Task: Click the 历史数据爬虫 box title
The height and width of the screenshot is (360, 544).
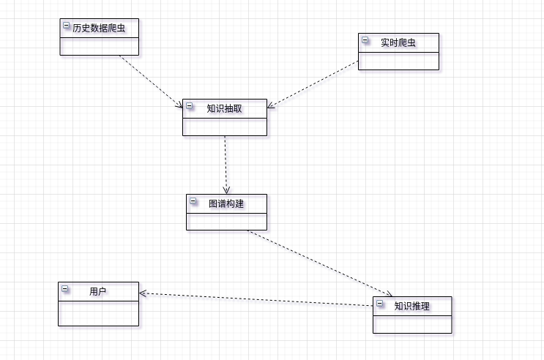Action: pos(99,29)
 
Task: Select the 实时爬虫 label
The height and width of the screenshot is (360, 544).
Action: pos(398,42)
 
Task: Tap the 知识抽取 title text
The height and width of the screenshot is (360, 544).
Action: pos(224,108)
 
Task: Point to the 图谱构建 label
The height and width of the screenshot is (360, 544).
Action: pos(226,203)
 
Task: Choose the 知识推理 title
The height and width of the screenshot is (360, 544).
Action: pos(411,306)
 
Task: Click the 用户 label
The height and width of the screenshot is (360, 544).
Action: pos(98,291)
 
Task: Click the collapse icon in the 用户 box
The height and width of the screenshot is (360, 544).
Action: pos(64,289)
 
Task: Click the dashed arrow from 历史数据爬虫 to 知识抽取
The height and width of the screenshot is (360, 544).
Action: pos(150,81)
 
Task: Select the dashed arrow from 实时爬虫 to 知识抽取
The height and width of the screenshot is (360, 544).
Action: pos(313,84)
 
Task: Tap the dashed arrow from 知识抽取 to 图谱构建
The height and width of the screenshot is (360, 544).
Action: pos(226,165)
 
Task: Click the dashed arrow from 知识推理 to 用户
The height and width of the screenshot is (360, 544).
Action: pos(256,299)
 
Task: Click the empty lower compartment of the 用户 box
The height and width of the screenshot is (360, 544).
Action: pos(98,313)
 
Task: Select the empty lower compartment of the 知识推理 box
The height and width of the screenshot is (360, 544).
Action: pos(412,324)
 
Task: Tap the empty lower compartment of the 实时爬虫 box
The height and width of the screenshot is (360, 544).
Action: pos(398,61)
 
